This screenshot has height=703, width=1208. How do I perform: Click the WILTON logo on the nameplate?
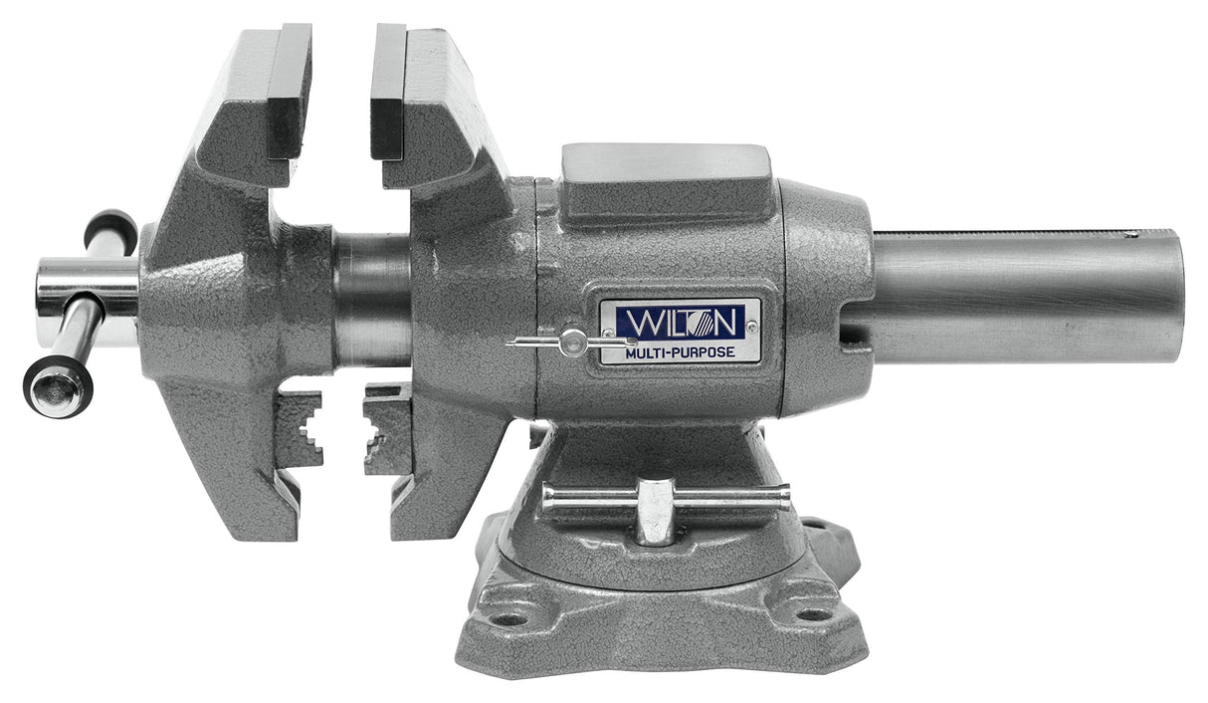tap(679, 321)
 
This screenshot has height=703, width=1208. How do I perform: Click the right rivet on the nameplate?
tap(751, 326)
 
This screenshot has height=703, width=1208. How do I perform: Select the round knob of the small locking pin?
tap(571, 343)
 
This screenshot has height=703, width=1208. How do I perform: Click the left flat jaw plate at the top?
tap(290, 90)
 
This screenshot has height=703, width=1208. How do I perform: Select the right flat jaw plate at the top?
tap(388, 90)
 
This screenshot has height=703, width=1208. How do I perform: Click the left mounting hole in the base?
tap(509, 618)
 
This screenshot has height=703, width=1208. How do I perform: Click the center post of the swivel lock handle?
tap(655, 510)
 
